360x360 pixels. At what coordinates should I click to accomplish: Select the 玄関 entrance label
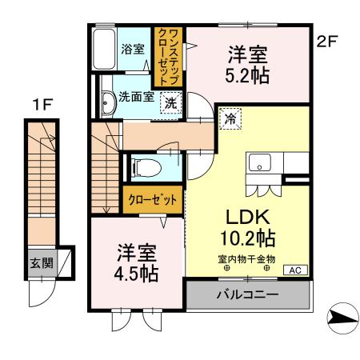pos(41,262)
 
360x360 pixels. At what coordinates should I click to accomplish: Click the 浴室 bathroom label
pos(131,49)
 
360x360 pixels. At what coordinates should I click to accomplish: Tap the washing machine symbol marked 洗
pos(172,102)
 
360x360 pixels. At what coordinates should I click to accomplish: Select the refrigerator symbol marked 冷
pos(230,118)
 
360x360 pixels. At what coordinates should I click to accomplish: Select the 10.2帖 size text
pos(246,238)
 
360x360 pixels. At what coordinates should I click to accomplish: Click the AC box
pos(294,270)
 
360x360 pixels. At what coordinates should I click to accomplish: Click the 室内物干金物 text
pos(246,258)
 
